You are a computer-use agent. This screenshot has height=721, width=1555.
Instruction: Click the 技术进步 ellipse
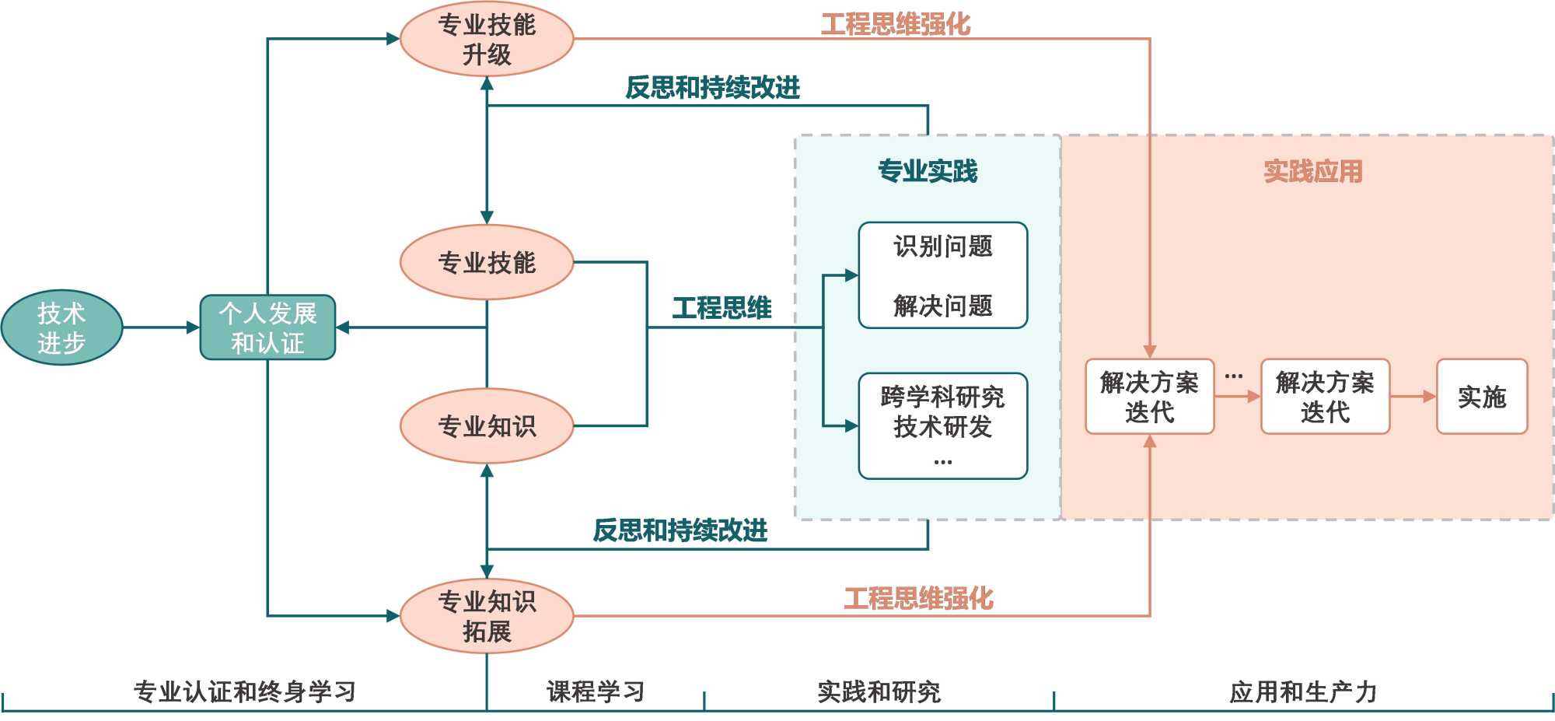click(61, 327)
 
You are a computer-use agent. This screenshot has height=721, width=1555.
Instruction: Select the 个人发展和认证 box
click(267, 327)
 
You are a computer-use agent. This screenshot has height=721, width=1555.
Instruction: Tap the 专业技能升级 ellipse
click(487, 39)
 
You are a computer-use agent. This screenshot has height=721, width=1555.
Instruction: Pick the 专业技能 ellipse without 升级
click(487, 263)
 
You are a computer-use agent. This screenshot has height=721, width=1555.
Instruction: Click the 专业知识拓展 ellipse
click(487, 616)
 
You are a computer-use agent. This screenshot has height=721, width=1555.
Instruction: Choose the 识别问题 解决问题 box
click(942, 275)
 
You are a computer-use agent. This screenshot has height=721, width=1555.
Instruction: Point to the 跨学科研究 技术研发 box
click(942, 425)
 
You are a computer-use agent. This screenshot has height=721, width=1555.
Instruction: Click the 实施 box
click(1481, 397)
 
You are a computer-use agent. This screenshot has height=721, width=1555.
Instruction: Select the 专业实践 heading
click(928, 171)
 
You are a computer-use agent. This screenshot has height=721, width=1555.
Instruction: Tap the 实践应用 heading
click(1312, 171)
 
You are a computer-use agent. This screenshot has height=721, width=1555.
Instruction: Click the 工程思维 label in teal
click(722, 308)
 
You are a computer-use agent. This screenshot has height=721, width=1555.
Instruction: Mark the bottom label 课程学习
click(596, 691)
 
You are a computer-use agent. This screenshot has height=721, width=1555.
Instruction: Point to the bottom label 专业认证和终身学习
click(244, 691)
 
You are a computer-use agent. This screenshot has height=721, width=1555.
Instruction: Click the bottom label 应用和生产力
click(1303, 691)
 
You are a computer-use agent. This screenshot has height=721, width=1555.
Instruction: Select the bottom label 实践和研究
click(879, 691)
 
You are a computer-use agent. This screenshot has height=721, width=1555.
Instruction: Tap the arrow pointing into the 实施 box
click(1413, 397)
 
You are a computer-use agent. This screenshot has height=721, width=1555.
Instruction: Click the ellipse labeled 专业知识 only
click(487, 426)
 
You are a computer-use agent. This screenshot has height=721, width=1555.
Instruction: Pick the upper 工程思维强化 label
click(896, 24)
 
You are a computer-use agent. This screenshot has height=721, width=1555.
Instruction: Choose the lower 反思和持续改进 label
click(680, 530)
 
